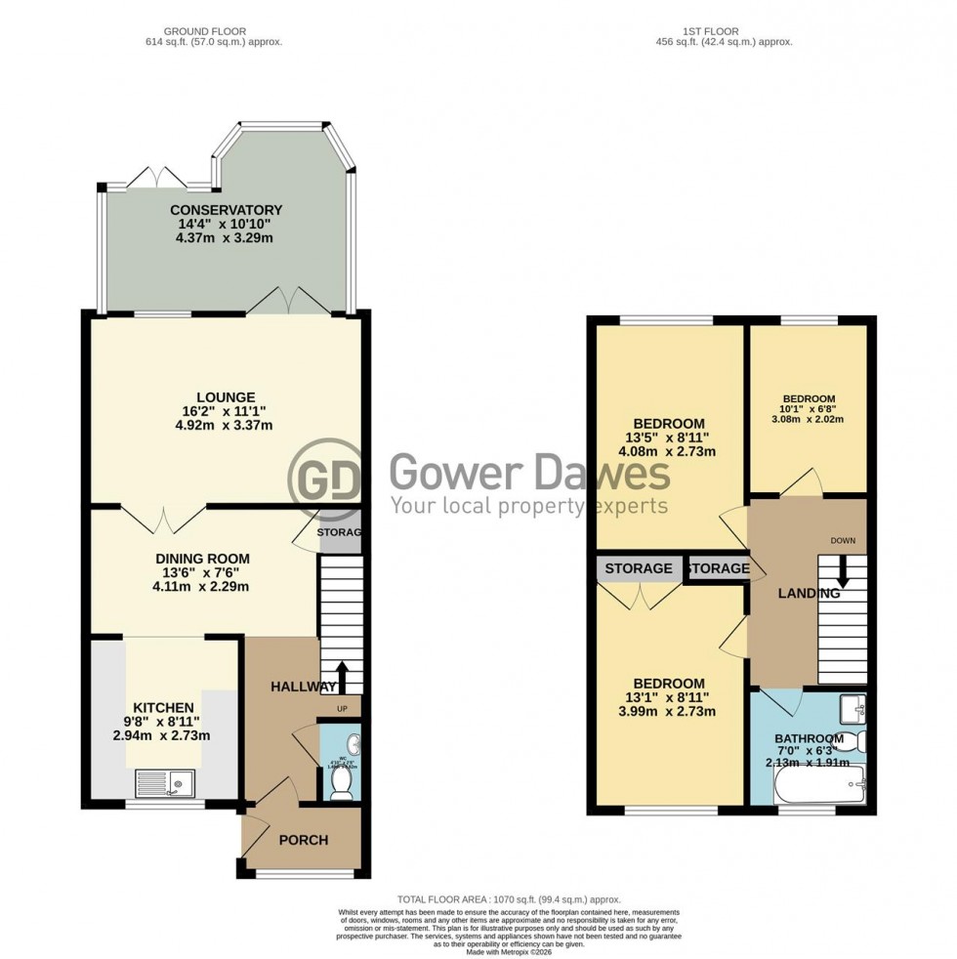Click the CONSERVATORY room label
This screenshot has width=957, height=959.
tap(226, 210)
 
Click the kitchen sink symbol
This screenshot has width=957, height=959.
tap(166, 782)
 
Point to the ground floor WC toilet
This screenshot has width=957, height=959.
tap(342, 789)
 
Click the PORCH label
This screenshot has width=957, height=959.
tap(304, 840)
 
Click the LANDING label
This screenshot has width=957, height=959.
tap(809, 594)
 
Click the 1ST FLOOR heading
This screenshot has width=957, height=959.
tap(724, 31)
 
